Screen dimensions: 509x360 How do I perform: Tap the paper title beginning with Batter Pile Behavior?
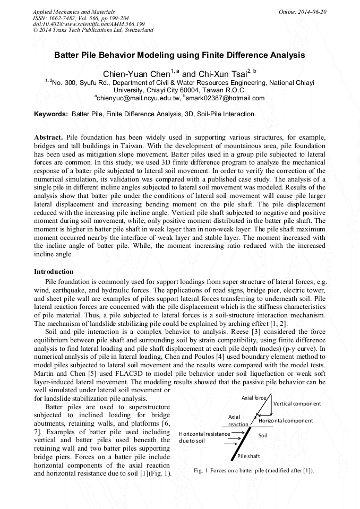click(179, 55)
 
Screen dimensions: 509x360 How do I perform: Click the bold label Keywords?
click(51, 114)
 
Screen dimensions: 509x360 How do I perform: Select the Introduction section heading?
click(54, 272)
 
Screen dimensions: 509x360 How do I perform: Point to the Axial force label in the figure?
click(254, 398)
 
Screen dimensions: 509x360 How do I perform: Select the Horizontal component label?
click(286, 420)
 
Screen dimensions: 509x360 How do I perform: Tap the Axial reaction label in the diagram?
click(238, 421)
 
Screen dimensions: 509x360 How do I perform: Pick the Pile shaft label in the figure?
click(248, 456)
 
